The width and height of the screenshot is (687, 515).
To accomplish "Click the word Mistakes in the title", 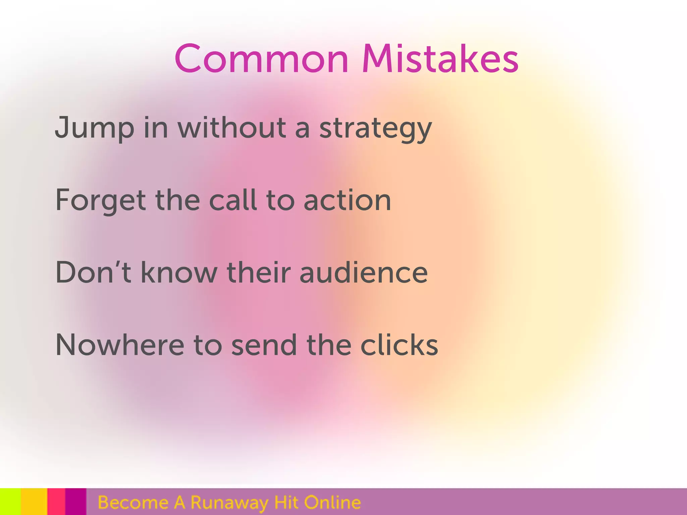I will pyautogui.click(x=440, y=59).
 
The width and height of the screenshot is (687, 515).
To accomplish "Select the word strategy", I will pyautogui.click(x=375, y=129).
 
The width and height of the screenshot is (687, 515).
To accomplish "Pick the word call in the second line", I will pyautogui.click(x=233, y=200).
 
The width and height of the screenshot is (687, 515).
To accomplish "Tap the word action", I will pyautogui.click(x=347, y=201).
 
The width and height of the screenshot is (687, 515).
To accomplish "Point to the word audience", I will pyautogui.click(x=364, y=273).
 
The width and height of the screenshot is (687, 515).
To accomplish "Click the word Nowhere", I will pyautogui.click(x=119, y=345).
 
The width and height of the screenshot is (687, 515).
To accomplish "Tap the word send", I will pyautogui.click(x=264, y=345).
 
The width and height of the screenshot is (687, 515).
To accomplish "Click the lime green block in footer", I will pyautogui.click(x=10, y=502).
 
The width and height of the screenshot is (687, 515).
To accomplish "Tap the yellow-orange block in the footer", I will pyautogui.click(x=34, y=502).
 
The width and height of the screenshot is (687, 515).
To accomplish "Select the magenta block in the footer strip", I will pyautogui.click(x=75, y=502).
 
